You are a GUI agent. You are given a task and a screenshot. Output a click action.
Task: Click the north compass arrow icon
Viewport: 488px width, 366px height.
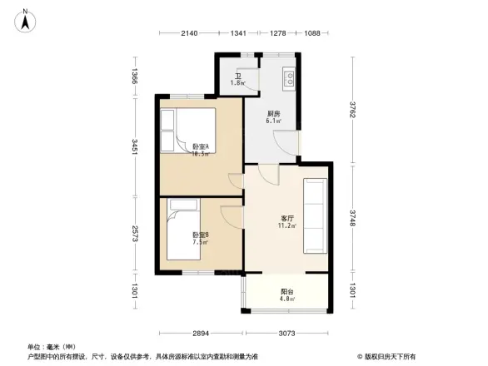click(x=26, y=19)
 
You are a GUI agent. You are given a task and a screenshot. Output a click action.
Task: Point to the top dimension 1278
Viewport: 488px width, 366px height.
click(x=278, y=33)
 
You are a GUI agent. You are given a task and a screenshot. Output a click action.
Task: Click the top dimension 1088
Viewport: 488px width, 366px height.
click(x=312, y=33)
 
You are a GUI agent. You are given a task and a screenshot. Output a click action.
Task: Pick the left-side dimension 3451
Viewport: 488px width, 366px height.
click(x=135, y=148)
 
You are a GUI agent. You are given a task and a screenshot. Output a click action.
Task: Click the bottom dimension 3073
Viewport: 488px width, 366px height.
click(x=288, y=333)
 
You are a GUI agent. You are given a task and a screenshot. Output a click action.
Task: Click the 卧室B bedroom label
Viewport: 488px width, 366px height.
click(x=200, y=238)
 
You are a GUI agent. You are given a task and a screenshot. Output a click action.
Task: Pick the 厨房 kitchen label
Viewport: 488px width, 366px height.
click(x=273, y=116)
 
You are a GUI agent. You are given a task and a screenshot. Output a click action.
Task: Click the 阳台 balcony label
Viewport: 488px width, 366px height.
click(x=286, y=294)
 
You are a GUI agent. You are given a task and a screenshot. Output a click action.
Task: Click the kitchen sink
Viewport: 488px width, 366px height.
click(x=290, y=79)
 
